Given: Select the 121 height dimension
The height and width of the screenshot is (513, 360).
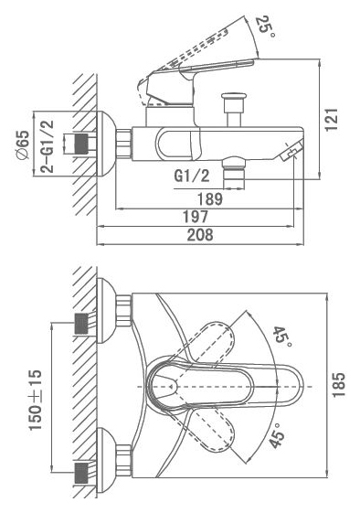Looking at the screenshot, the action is (332, 120).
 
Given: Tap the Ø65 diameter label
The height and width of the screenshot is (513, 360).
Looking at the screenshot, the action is (23, 144).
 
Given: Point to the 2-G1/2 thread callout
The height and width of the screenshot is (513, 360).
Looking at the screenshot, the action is (48, 146).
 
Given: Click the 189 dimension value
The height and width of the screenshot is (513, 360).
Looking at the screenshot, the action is (210, 199).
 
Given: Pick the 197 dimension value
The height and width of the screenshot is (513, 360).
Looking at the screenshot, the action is (196, 217).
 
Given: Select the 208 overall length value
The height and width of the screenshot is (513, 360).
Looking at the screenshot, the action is (200, 235).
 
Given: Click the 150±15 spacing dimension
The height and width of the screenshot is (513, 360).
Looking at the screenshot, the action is (36, 400).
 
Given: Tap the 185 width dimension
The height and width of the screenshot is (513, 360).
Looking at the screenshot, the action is (339, 385).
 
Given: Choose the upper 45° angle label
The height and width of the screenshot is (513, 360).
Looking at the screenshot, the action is (281, 336).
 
